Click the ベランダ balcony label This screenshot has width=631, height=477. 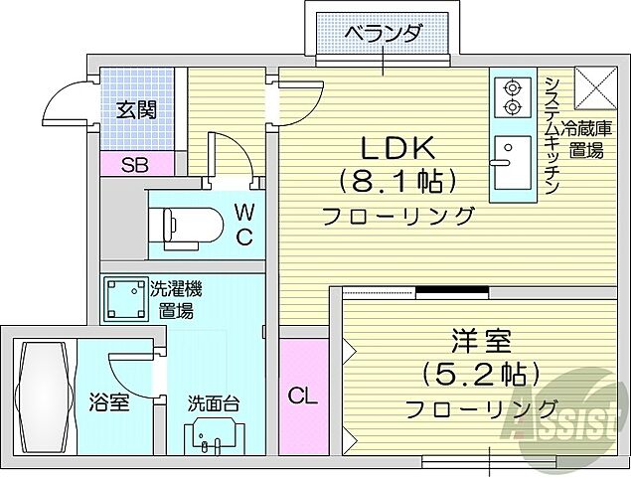pos(383,34)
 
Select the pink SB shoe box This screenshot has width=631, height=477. pos(135,165)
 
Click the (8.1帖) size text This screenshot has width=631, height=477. pos(396,181)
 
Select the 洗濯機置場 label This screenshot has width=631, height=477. pos(179,299)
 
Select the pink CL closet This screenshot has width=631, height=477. pos(303,394)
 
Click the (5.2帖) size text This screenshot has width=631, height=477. pos(482,375)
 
